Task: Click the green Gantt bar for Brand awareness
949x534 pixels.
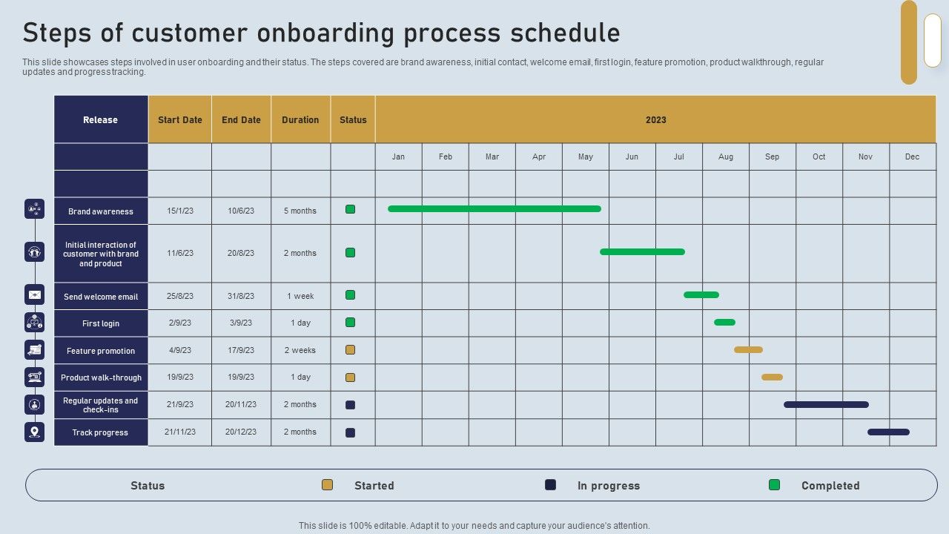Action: [495, 209]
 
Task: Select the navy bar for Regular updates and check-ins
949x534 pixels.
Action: [826, 404]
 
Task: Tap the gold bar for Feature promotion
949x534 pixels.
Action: [748, 349]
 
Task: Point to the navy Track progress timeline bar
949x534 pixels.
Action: [888, 432]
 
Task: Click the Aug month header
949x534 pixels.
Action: [726, 156]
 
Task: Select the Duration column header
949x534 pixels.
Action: [300, 119]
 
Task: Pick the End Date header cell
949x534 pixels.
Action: [241, 119]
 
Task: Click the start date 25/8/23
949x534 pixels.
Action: [180, 296]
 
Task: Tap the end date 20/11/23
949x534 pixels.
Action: [241, 404]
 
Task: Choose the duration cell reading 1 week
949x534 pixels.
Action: [300, 296]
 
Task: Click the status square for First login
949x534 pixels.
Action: [351, 323]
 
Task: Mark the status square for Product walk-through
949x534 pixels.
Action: [351, 378]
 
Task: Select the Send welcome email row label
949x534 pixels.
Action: [101, 297]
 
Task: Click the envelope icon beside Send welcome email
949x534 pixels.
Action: [34, 294]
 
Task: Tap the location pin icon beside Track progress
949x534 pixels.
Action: [34, 432]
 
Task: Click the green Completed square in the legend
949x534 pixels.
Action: [774, 485]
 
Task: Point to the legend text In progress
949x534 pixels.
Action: [609, 486]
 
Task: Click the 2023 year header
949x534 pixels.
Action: [655, 119]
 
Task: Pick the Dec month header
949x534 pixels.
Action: [912, 156]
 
